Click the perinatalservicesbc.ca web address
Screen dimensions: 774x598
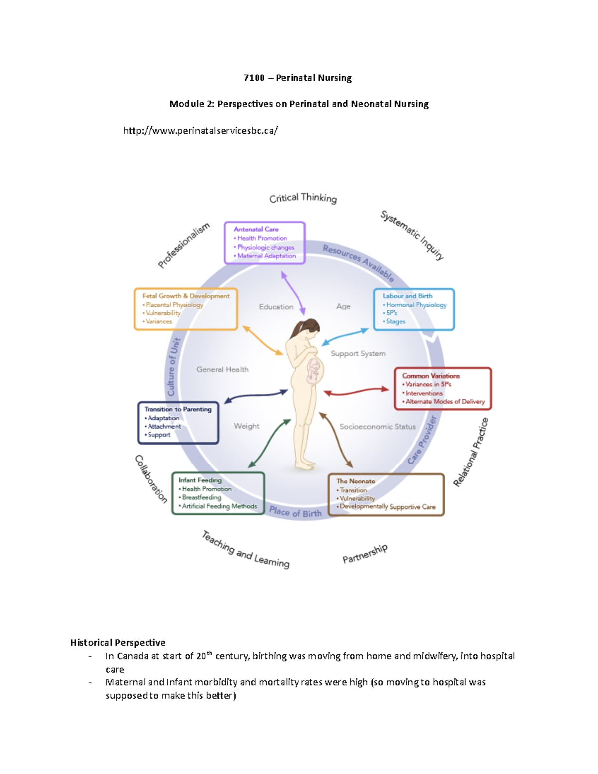tap(200, 131)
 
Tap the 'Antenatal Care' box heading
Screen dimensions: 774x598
tap(256, 229)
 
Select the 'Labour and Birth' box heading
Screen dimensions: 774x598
tap(407, 296)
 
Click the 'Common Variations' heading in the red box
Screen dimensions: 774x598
tap(431, 376)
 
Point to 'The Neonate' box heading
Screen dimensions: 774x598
tap(355, 481)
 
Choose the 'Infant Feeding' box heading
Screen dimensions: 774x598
tap(200, 480)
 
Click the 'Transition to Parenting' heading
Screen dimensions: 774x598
tap(177, 409)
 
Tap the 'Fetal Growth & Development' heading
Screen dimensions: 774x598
tap(185, 296)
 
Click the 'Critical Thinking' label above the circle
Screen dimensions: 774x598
tap(303, 198)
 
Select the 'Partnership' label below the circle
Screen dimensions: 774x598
tap(365, 554)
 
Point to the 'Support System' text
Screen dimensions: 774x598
tap(358, 354)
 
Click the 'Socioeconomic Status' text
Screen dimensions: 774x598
tap(377, 427)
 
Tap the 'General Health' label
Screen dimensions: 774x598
tap(222, 370)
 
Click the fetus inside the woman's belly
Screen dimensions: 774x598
tap(314, 370)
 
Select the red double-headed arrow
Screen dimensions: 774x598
tap(356, 392)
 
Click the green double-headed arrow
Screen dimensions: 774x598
tap(269, 443)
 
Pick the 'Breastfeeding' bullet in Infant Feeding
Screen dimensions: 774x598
tap(201, 497)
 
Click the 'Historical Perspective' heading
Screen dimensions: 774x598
tap(118, 643)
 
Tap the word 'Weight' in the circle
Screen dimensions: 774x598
tap(246, 426)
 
